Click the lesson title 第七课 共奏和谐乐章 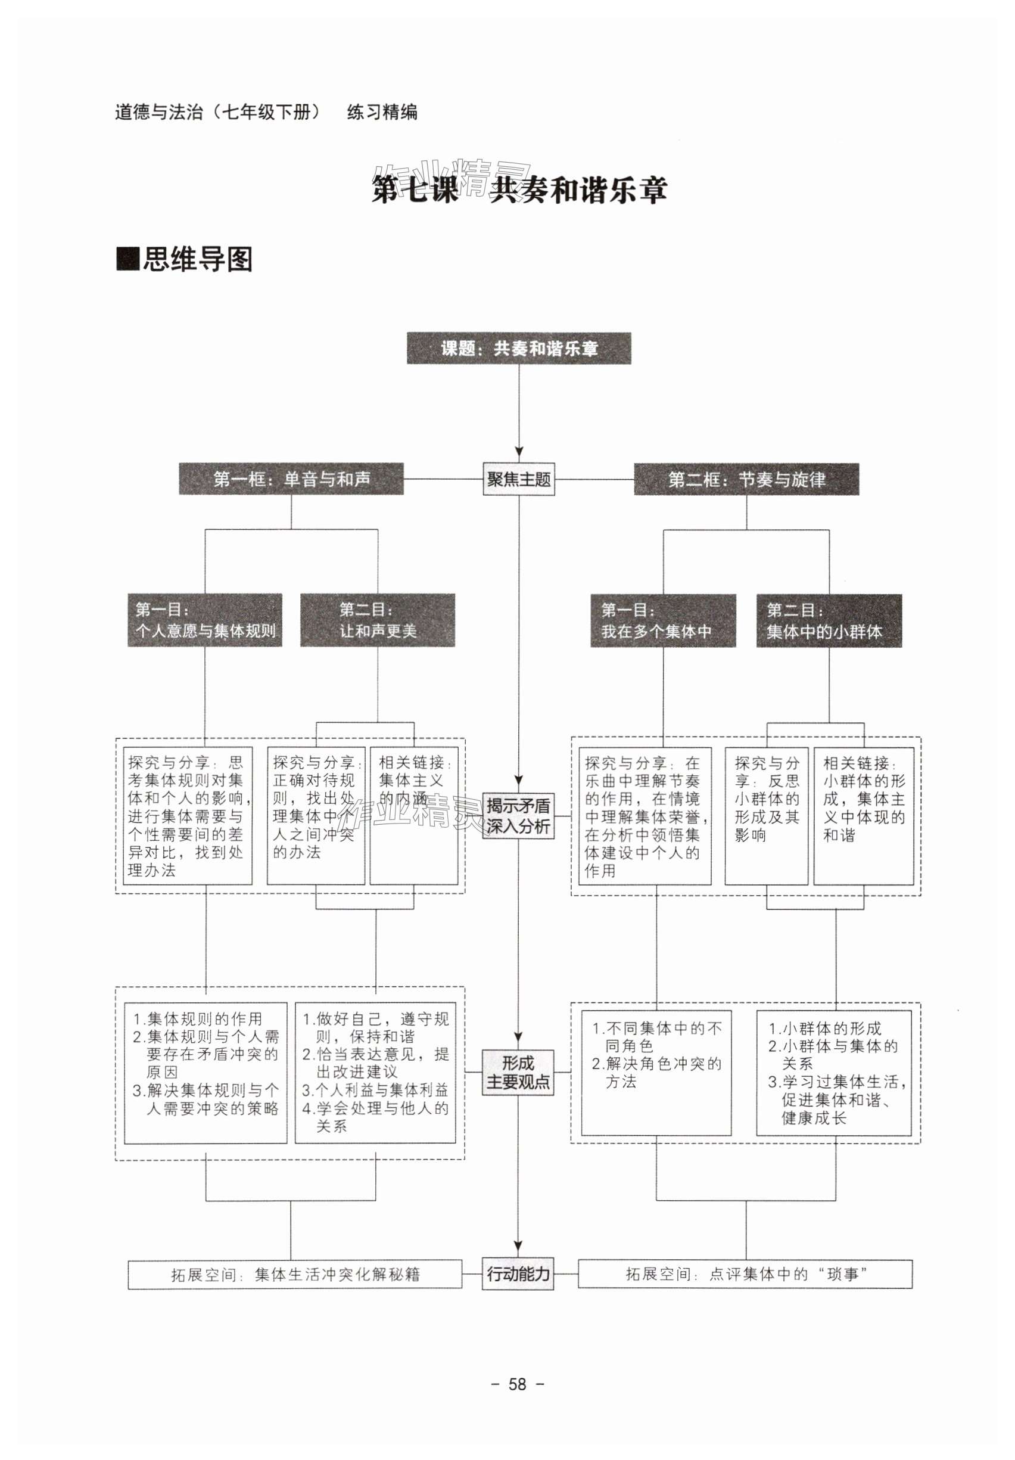click(519, 190)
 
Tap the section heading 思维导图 click(197, 259)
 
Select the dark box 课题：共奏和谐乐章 click(519, 348)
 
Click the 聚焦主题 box click(519, 479)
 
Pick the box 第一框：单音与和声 click(291, 479)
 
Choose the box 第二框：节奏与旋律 click(746, 480)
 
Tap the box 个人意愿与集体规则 click(205, 620)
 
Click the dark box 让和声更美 click(378, 620)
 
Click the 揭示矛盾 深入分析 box click(518, 816)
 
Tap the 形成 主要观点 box click(518, 1072)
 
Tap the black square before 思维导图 click(127, 259)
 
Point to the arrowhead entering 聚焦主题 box click(519, 452)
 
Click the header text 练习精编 click(382, 112)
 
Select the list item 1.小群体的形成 click(824, 1028)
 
